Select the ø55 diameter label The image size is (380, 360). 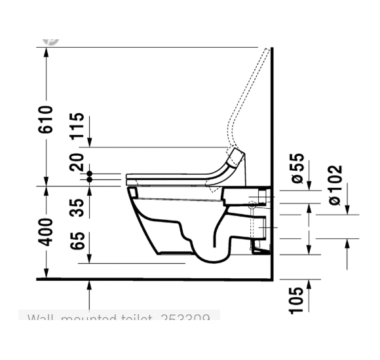click(x=298, y=169)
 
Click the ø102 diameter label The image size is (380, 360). click(x=335, y=185)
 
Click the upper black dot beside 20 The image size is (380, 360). click(x=90, y=173)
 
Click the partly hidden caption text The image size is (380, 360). click(x=119, y=319)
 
